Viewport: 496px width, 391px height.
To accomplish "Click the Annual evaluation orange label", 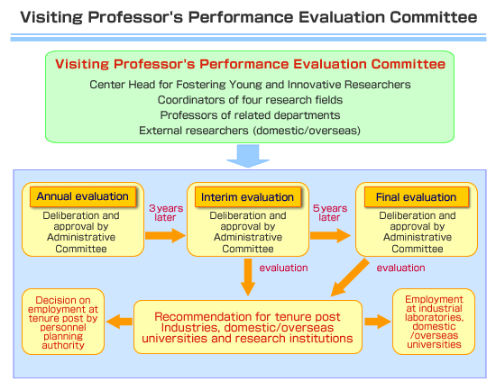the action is (83, 196).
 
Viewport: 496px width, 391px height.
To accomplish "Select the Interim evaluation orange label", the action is (248, 197).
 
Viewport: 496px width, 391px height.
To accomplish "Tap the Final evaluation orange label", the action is (417, 197).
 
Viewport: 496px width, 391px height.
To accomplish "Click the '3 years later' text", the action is (166, 213).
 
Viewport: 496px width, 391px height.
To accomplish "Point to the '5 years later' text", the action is (329, 213).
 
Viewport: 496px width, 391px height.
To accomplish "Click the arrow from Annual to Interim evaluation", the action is (165, 235).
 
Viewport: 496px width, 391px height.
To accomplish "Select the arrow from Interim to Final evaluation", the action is (330, 235).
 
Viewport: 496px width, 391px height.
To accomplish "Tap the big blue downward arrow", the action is (248, 156).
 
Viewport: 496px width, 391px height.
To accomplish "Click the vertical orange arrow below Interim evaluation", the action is (248, 277).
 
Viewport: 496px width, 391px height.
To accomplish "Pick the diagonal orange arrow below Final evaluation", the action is (350, 277).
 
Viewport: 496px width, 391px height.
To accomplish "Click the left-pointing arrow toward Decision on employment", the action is (120, 322).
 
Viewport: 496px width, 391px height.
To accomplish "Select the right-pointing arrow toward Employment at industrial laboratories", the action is (378, 322).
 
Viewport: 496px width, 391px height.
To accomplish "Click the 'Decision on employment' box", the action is (63, 322).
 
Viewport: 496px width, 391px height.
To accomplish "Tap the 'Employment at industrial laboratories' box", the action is (434, 322).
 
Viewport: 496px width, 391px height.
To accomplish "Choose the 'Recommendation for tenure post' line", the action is (247, 316).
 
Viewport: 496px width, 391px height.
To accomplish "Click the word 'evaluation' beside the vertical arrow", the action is (283, 268).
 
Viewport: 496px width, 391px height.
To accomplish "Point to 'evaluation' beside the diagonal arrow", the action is (400, 268).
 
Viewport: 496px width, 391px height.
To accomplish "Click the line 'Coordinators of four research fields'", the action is (250, 100).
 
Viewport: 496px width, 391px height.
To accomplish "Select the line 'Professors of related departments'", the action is (250, 115).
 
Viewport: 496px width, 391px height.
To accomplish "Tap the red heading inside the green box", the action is (250, 64).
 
